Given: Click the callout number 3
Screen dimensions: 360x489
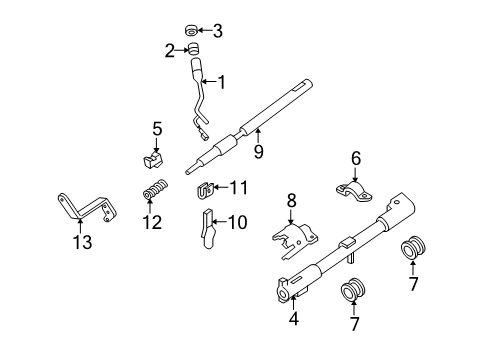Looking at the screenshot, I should (x=217, y=31).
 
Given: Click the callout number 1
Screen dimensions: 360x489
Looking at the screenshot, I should (x=222, y=81).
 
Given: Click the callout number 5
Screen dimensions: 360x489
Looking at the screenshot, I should (x=156, y=128).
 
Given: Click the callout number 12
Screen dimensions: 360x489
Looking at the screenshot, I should (x=151, y=221).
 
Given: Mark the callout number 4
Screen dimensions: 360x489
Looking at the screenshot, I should (x=292, y=320).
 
